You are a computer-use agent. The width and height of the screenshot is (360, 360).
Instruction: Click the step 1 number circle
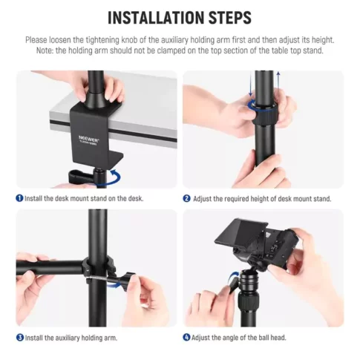(19, 198)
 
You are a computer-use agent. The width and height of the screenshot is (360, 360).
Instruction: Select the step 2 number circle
(187, 198)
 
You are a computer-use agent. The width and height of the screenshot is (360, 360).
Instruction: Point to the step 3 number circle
(19, 338)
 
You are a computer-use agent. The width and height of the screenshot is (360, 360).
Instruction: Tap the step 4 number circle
(187, 338)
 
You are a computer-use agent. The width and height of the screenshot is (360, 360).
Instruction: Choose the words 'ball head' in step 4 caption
(270, 338)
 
